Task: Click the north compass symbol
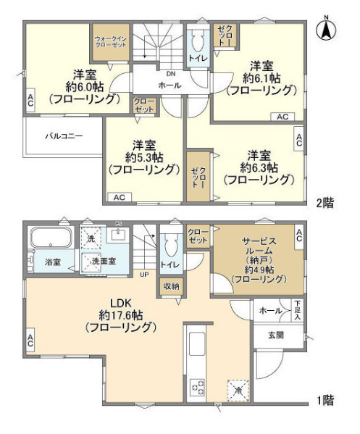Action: click(326, 29)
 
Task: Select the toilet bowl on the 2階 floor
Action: click(197, 41)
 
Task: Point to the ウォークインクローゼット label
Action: click(111, 41)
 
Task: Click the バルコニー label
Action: click(64, 136)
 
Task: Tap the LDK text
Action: click(121, 304)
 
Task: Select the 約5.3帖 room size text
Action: click(144, 157)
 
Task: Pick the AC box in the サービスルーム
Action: click(299, 235)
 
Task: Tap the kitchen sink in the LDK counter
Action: click(197, 343)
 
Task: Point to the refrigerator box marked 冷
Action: click(238, 391)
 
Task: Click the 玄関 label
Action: click(275, 335)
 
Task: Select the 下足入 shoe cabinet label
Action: click(297, 310)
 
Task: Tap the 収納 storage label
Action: click(171, 286)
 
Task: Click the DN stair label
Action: click(170, 74)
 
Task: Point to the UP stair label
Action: click(144, 275)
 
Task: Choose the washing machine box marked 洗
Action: click(91, 238)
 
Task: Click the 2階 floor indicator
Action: click(325, 203)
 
